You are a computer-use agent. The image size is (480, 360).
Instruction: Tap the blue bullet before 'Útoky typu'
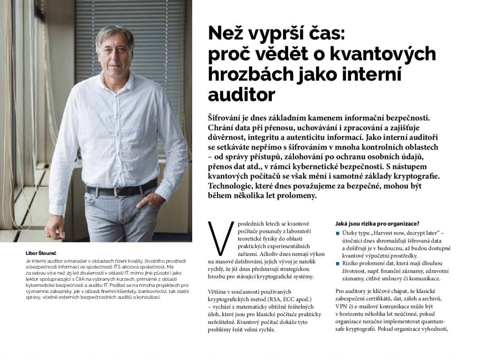click(x=338, y=233)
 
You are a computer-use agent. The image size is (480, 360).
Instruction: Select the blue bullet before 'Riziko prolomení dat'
click(x=338, y=263)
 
